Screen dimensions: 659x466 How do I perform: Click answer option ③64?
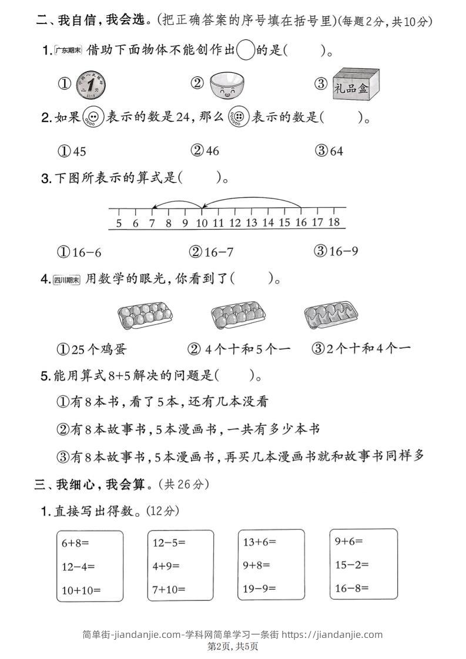(330, 151)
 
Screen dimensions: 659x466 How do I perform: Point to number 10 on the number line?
(202, 223)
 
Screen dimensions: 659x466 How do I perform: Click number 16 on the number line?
(301, 223)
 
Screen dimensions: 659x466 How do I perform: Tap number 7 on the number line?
(152, 223)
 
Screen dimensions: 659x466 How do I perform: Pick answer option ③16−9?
(337, 251)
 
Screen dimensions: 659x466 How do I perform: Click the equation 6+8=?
(75, 543)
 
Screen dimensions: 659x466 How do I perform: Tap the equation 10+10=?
(81, 589)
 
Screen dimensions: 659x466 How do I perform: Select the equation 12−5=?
(166, 543)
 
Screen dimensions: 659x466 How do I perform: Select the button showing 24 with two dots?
(93, 117)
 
